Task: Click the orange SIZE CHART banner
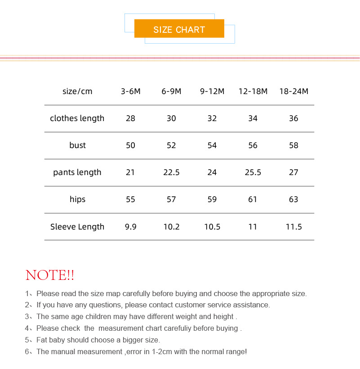pos(179,29)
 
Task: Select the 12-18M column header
pos(253,91)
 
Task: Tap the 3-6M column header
pos(130,91)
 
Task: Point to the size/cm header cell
pos(77,91)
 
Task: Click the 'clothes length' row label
pos(77,118)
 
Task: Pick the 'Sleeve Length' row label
pos(77,227)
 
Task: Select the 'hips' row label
pos(77,199)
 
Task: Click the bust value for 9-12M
pos(212,145)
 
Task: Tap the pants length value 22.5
pos(171,172)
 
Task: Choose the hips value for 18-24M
pos(293,199)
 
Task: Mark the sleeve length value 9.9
pos(130,227)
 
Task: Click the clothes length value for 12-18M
pos(253,118)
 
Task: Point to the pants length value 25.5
pos(253,172)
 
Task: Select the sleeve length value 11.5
pos(293,227)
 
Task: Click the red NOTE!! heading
pos(50,275)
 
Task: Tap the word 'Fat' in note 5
pos(42,340)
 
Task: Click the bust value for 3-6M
pos(130,145)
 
